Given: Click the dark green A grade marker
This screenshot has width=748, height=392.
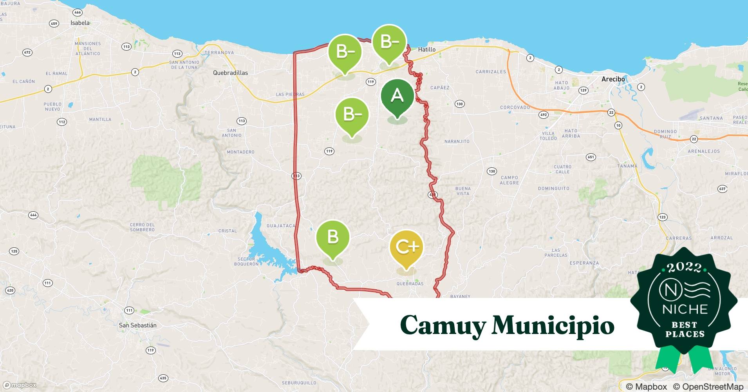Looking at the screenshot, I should (397, 96).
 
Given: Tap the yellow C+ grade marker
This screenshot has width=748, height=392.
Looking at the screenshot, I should (407, 247).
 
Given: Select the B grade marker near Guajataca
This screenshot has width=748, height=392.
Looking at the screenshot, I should (333, 237).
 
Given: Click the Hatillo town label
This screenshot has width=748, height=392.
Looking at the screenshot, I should (426, 49).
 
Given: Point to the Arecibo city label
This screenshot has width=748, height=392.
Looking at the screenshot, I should (613, 79).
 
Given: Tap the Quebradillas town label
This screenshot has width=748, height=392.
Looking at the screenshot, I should (230, 73).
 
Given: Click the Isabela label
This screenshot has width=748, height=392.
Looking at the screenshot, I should (80, 23).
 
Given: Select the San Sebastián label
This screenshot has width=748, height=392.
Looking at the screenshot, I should (137, 325).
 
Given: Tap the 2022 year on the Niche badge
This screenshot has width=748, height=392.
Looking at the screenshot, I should (684, 268).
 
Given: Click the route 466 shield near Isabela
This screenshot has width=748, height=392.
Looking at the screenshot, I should (78, 13).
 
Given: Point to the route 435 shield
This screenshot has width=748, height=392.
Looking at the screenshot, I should (163, 378).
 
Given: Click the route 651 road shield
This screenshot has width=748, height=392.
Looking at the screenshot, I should (591, 157).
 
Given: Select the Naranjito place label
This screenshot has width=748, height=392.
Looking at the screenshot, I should (457, 142).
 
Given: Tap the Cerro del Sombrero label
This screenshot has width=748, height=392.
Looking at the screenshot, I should (142, 227).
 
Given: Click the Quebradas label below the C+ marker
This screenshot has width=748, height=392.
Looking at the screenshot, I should (410, 284).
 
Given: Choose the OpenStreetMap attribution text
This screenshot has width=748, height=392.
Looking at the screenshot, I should (708, 387).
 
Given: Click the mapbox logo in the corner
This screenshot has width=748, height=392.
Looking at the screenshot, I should (20, 385).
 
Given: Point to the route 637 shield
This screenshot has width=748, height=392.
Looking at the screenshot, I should (722, 189).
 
